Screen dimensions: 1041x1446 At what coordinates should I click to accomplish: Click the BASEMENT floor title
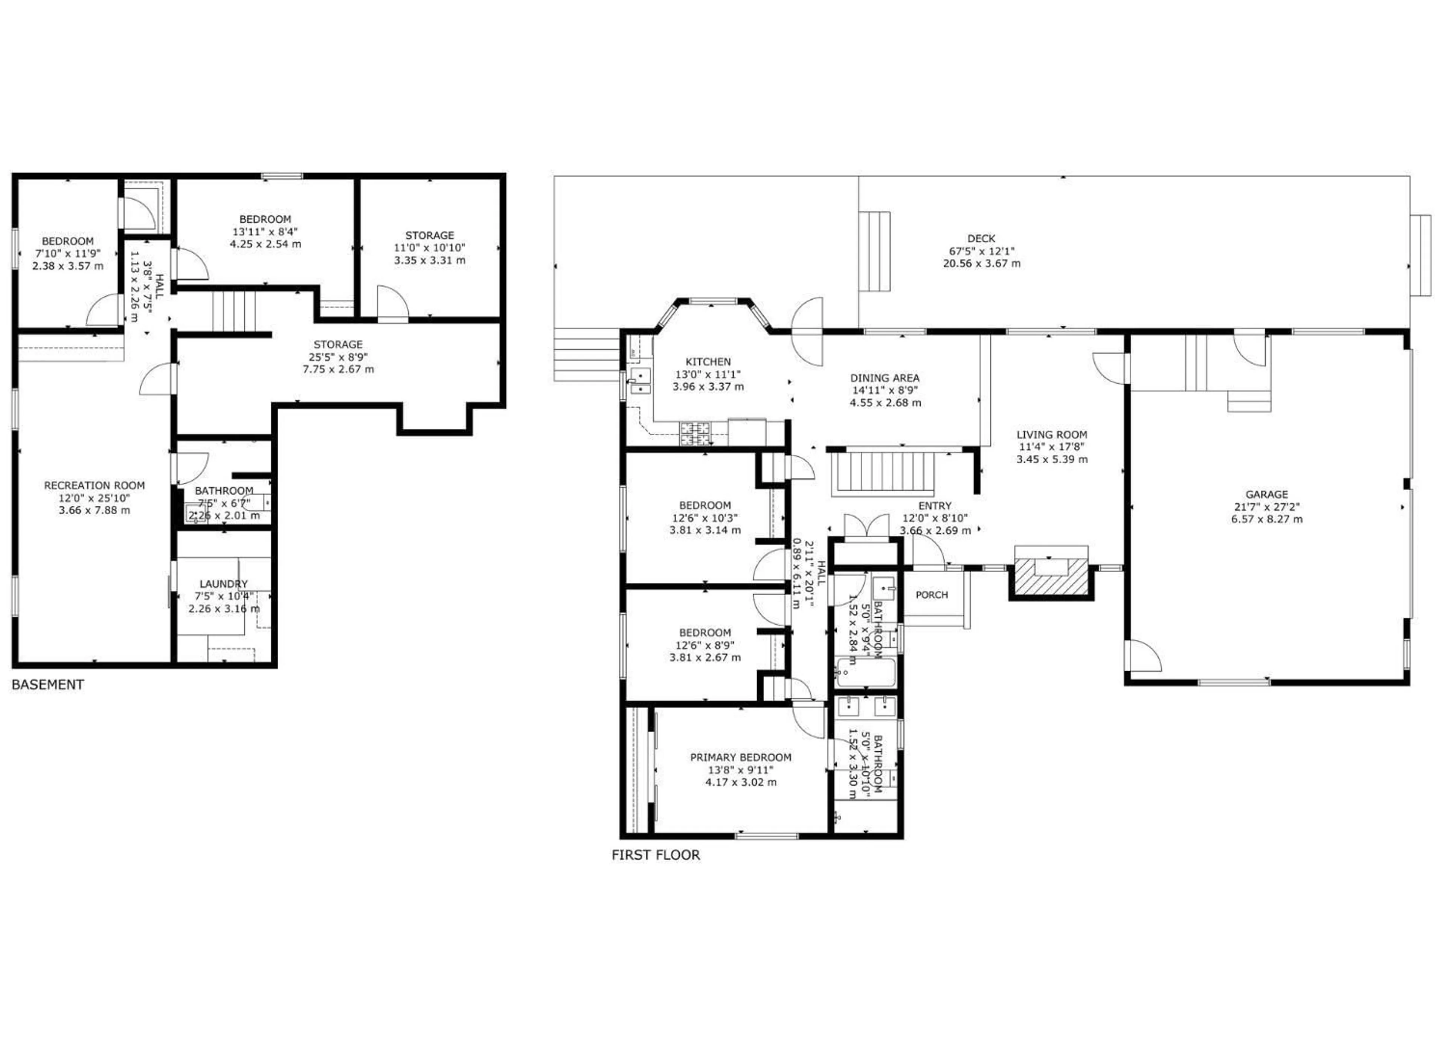pos(48,684)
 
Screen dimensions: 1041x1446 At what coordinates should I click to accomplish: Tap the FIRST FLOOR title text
pos(656,855)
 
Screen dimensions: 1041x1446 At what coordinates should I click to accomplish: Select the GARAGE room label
pos(1266,494)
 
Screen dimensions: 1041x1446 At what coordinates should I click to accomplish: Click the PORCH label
pos(932,595)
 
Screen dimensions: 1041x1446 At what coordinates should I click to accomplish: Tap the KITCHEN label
pos(708,361)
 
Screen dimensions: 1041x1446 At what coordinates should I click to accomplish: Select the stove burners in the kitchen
pos(695,433)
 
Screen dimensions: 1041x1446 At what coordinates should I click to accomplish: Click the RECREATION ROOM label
pos(95,485)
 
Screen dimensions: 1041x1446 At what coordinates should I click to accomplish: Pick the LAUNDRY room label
pos(223,584)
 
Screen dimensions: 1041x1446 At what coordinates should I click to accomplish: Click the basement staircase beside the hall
pos(234,311)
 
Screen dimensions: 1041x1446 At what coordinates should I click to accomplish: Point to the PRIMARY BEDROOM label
pos(740,758)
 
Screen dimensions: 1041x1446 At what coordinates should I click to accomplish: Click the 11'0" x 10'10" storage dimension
pos(430,247)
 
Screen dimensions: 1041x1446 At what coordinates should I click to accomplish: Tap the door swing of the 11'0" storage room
pos(391,303)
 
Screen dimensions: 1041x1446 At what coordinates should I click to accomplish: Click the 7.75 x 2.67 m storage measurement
pos(338,369)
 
